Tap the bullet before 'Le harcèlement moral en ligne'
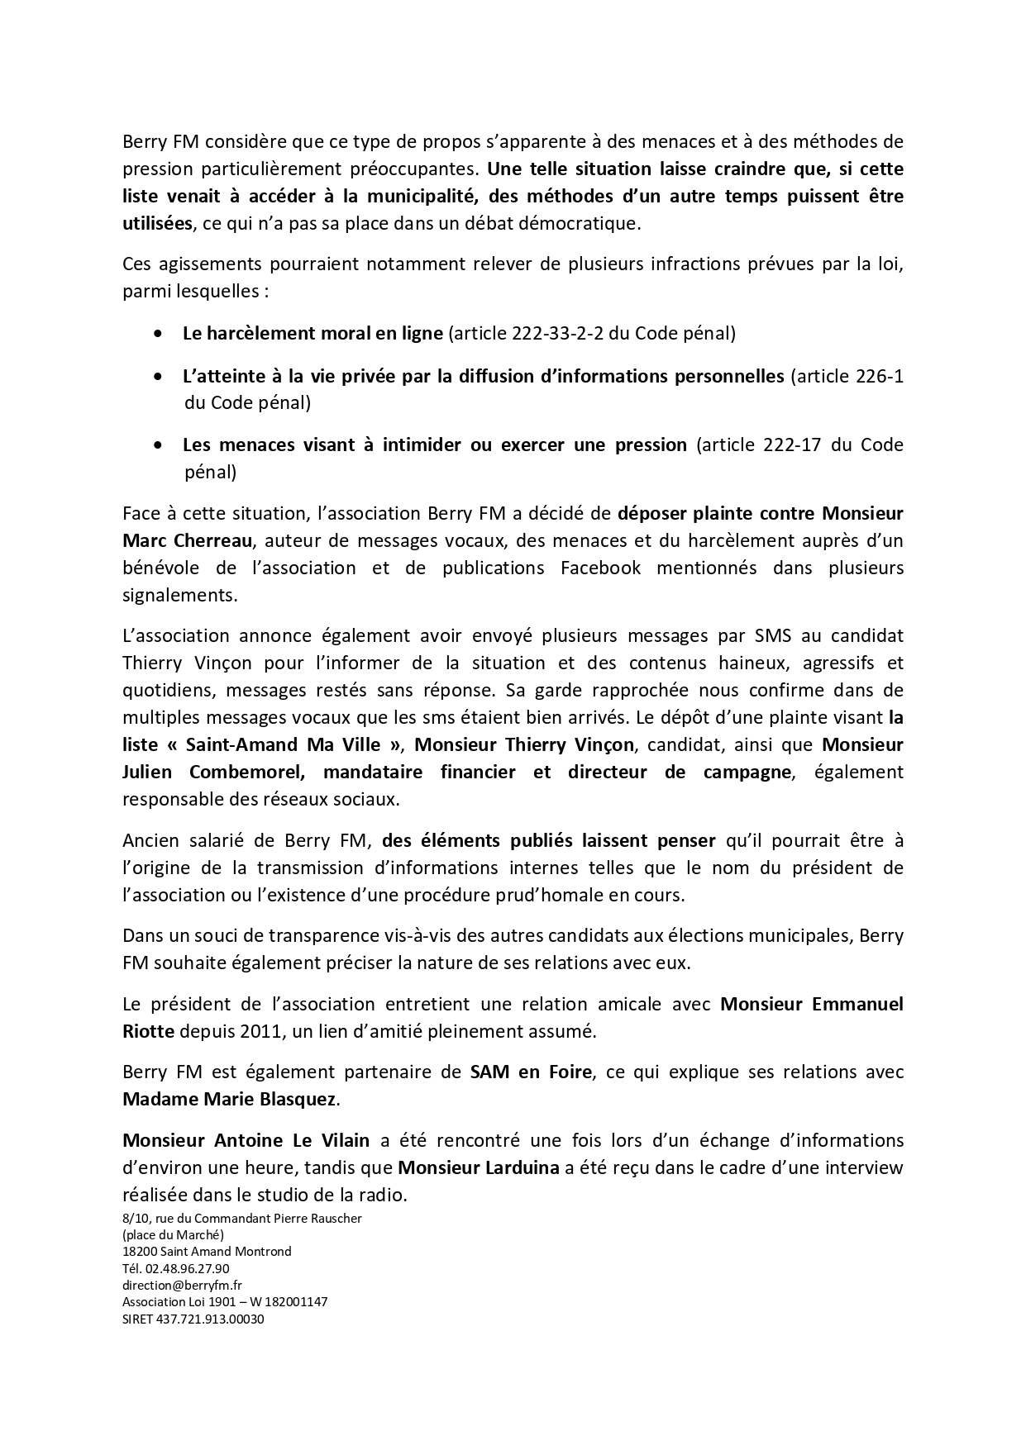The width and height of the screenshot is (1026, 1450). (x=158, y=335)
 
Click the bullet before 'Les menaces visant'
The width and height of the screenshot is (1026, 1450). (x=158, y=446)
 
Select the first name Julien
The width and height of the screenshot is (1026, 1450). (x=149, y=773)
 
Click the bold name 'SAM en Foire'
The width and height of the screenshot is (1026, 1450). (x=531, y=1072)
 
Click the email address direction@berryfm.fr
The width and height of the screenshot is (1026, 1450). (x=182, y=1286)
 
